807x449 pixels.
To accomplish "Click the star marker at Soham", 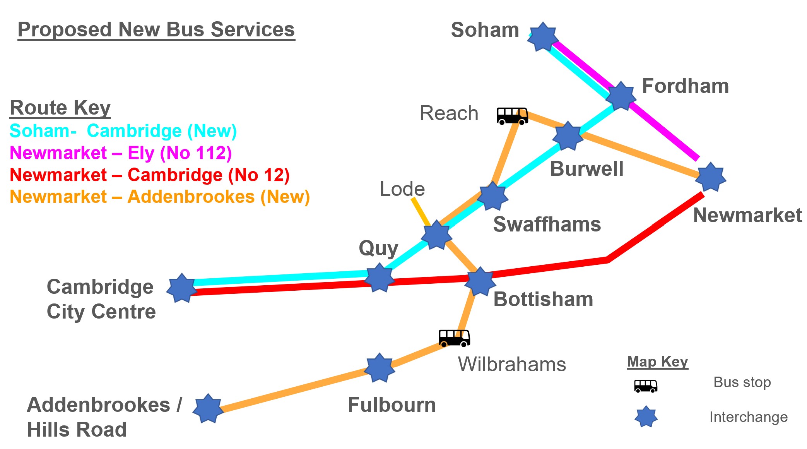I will (543, 37).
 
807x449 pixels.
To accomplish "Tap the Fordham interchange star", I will (621, 96).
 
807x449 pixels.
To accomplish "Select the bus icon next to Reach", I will (513, 116).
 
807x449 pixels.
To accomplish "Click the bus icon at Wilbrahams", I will (455, 338).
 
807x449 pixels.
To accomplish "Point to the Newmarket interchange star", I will (711, 177).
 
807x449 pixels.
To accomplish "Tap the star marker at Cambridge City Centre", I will (181, 288).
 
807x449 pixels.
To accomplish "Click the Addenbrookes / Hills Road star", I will (208, 408).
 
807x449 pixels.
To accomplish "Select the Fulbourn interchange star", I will (380, 368).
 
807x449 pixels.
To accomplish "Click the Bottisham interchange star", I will (480, 281).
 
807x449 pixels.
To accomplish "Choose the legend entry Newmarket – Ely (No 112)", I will (121, 153).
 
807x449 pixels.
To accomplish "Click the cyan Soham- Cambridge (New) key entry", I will (123, 131).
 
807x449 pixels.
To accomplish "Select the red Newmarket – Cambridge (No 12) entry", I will (150, 175).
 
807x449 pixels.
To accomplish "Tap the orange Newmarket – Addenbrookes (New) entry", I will (160, 197).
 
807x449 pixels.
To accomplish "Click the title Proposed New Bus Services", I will (156, 29).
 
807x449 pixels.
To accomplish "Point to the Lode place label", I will (402, 189).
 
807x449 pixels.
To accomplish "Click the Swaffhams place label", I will (547, 224).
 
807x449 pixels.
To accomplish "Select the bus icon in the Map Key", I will (646, 386).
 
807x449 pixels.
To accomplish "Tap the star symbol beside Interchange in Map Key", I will (646, 417).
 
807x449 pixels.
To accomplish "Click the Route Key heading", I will (60, 108).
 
